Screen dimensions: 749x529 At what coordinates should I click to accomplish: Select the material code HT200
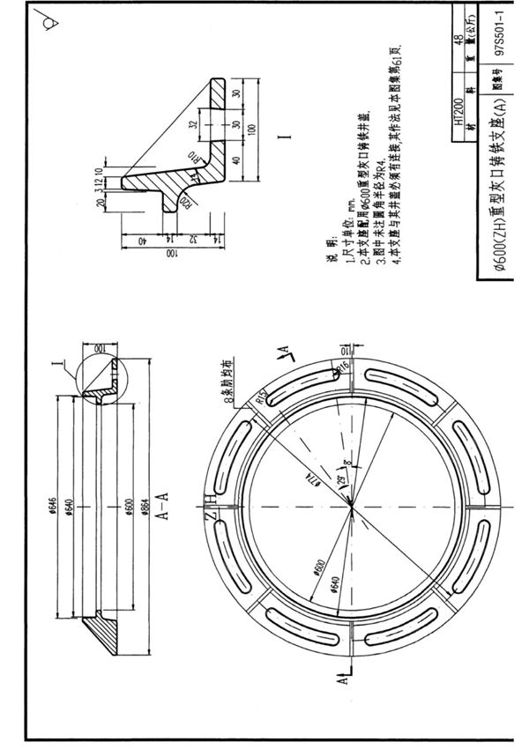click(x=458, y=115)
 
